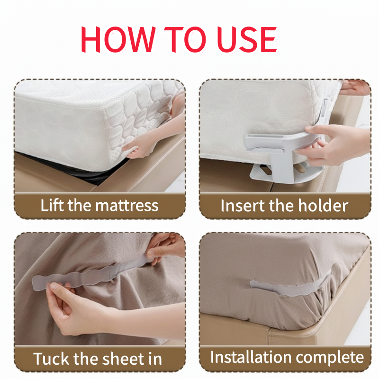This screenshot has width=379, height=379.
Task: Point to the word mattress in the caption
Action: click(x=127, y=206)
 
